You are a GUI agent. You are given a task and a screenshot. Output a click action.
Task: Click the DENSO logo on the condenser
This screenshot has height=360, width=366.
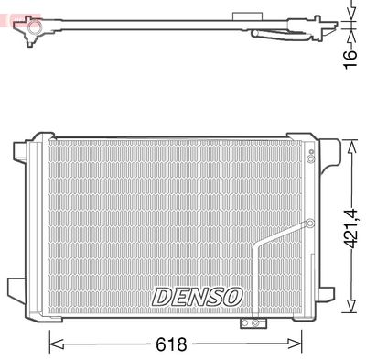tap(197, 297)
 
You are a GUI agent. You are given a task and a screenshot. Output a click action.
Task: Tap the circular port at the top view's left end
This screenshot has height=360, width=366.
tap(31, 36)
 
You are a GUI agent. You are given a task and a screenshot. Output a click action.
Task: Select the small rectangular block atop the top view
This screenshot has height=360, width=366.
tap(244, 16)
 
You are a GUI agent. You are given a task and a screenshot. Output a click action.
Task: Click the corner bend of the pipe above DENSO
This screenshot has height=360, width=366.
tap(261, 247)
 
